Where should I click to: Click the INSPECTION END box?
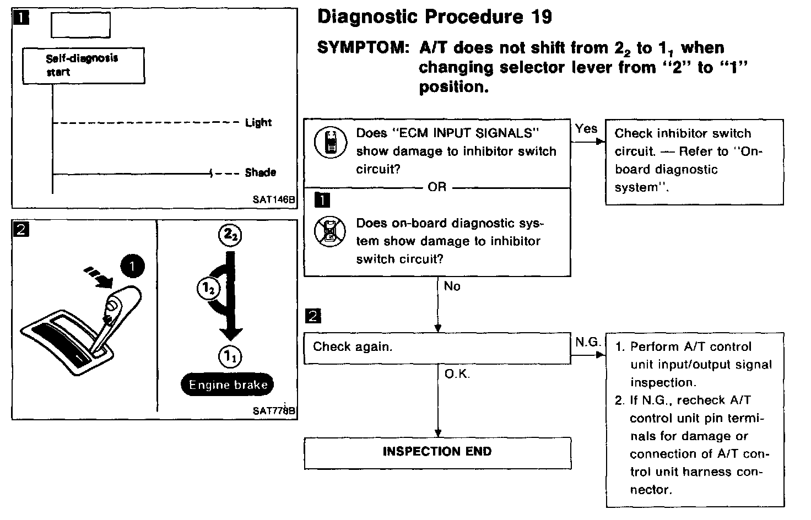[x=437, y=452]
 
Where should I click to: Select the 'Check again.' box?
[x=437, y=348]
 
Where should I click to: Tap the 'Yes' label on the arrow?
[x=586, y=129]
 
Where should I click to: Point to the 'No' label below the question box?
[x=452, y=286]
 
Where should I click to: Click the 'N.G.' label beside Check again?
[x=588, y=342]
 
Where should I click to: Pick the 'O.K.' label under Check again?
[x=457, y=375]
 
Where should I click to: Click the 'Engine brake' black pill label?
[x=228, y=385]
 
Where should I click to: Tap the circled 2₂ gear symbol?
[x=230, y=236]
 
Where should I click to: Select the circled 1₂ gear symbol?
[x=208, y=288]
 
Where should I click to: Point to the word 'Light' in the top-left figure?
[x=258, y=122]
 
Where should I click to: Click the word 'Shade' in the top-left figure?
[x=260, y=172]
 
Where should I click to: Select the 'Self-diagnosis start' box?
[x=83, y=66]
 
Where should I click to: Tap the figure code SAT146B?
[x=274, y=199]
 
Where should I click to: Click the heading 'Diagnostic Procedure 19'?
[x=435, y=17]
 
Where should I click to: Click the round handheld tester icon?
[x=331, y=142]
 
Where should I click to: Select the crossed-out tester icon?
[x=330, y=231]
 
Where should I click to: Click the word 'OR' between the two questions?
[x=437, y=187]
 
